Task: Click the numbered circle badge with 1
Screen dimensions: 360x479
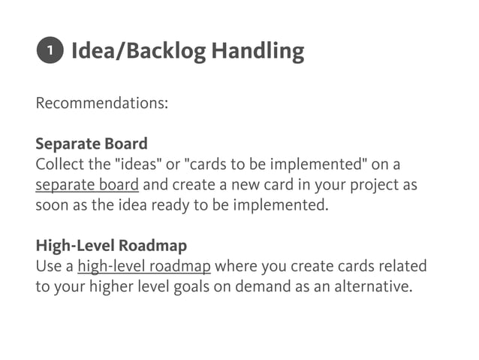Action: (x=48, y=51)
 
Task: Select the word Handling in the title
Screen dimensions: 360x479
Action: (x=257, y=51)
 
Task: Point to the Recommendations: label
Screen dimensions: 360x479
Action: (x=101, y=102)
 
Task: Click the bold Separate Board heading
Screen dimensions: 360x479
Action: (x=91, y=143)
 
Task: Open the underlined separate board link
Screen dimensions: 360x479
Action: (x=86, y=184)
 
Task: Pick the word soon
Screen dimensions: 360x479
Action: (x=53, y=205)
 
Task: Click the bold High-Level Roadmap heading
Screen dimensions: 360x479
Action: (x=111, y=246)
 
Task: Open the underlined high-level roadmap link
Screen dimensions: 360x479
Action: (x=143, y=266)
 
